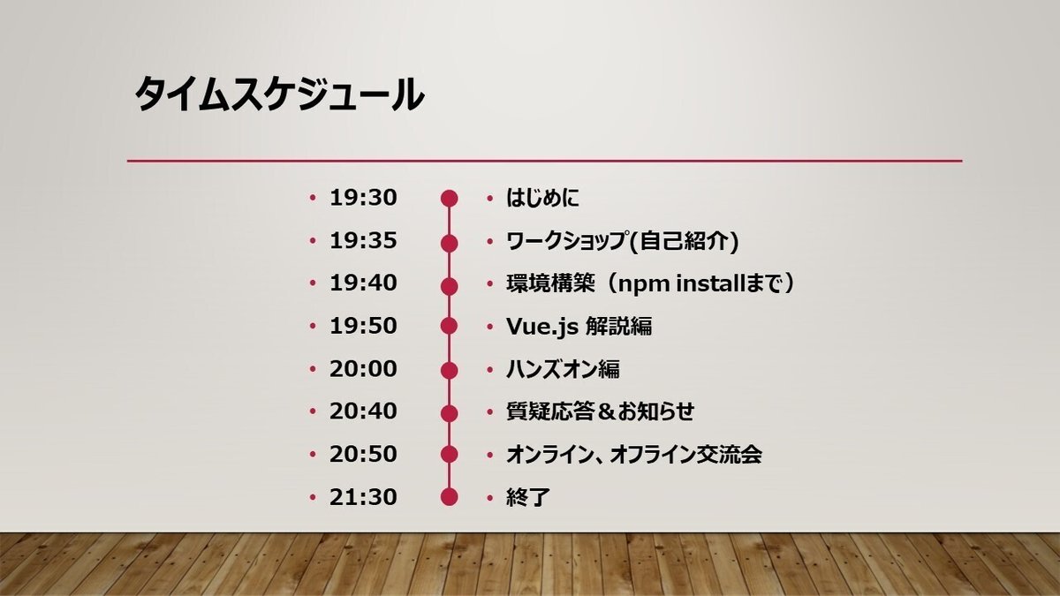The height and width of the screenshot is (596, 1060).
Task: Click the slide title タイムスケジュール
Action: [279, 94]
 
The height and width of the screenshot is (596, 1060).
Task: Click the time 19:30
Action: [363, 198]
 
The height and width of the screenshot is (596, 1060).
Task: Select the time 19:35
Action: [363, 241]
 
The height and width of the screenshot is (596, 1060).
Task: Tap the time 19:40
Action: [363, 283]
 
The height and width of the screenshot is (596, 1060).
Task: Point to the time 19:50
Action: [363, 327]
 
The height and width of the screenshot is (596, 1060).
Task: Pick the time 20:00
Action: [363, 369]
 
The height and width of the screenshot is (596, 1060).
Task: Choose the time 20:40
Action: [363, 411]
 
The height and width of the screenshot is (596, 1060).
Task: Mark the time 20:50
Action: [363, 455]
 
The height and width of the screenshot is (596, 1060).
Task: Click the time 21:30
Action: [363, 497]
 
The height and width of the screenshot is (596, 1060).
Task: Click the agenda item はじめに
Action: [542, 198]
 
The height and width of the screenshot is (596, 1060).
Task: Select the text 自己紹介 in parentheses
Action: [685, 241]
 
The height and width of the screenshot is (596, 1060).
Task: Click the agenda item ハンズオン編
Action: [564, 369]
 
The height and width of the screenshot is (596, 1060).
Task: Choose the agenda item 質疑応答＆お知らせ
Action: [601, 411]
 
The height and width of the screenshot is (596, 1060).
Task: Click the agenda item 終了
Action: [528, 497]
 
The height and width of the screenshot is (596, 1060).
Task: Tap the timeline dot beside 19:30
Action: [449, 199]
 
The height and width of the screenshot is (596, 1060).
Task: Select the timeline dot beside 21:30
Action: [449, 497]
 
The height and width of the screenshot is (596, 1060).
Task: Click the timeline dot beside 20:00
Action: [449, 370]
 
